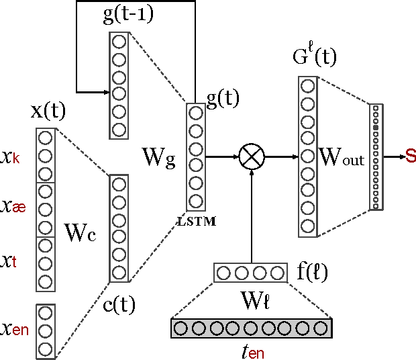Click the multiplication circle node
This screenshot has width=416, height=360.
click(x=252, y=156)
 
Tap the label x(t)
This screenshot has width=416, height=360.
click(x=48, y=112)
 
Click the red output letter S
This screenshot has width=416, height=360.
click(x=411, y=156)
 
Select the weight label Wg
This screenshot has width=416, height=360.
click(x=158, y=157)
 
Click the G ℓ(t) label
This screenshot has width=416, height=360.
click(x=313, y=56)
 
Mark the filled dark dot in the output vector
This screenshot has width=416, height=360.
click(x=376, y=127)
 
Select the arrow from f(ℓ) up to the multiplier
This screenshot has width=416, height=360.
click(x=252, y=215)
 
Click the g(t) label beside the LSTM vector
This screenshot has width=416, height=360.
click(x=223, y=99)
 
